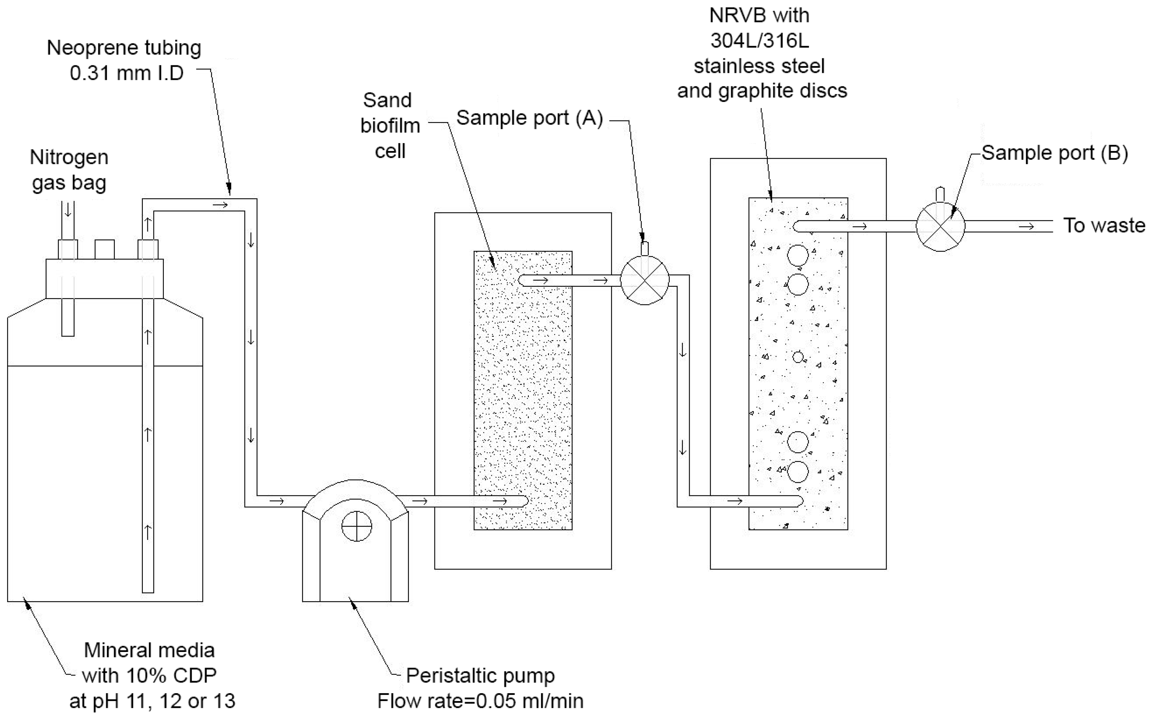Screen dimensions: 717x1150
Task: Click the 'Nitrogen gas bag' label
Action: (x=69, y=170)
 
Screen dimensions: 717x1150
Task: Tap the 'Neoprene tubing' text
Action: (x=124, y=48)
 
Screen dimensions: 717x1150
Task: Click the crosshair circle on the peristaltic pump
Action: (x=356, y=526)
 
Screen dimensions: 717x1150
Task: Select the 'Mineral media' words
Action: (x=149, y=650)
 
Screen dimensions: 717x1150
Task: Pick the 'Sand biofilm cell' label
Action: (x=390, y=126)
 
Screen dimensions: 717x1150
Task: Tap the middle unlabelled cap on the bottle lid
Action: (x=104, y=249)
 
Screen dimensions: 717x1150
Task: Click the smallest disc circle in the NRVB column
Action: (x=798, y=357)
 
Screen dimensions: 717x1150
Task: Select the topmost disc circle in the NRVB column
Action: (x=798, y=255)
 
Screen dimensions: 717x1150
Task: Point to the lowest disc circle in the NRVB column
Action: (x=798, y=472)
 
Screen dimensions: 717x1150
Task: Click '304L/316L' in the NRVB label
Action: (x=760, y=41)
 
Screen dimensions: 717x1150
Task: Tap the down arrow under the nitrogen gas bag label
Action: (x=68, y=210)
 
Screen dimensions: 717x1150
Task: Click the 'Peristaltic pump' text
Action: (x=480, y=675)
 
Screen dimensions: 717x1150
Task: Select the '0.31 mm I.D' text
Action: (x=126, y=73)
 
